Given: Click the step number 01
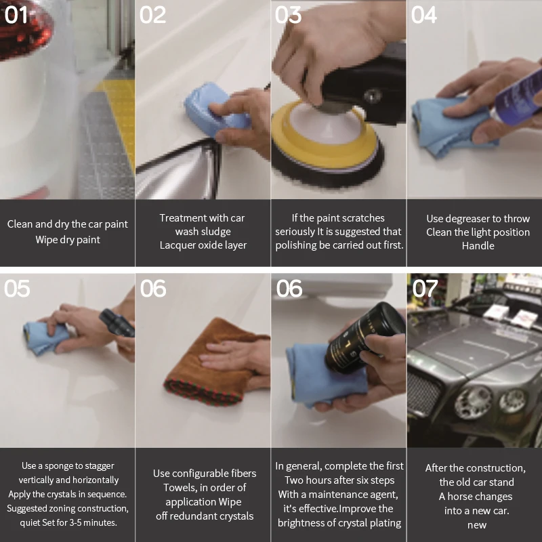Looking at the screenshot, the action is tap(16, 15).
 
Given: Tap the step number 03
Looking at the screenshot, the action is tap(288, 15).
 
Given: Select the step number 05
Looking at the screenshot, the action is tap(17, 289).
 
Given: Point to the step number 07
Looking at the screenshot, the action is tap(425, 289).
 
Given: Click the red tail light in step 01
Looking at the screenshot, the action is tap(24, 29).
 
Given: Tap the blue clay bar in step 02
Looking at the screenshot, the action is tap(214, 109).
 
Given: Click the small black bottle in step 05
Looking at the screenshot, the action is tap(117, 323).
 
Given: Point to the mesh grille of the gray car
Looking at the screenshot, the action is tap(423, 394).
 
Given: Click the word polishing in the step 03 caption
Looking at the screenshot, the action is tap(293, 245).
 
